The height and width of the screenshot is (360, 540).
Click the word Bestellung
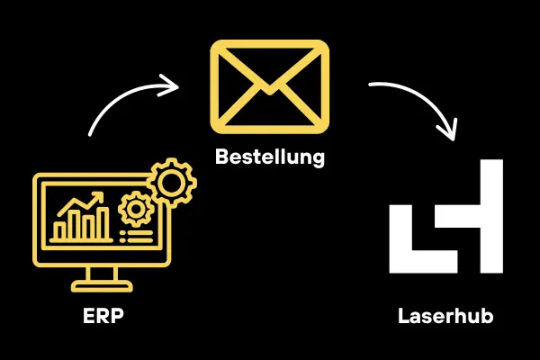tap(270, 157)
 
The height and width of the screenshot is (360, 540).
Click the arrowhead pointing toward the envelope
tap(171, 86)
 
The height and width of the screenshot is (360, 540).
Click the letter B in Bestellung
tap(222, 157)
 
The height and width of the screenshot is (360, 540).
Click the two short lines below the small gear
tap(137, 235)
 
